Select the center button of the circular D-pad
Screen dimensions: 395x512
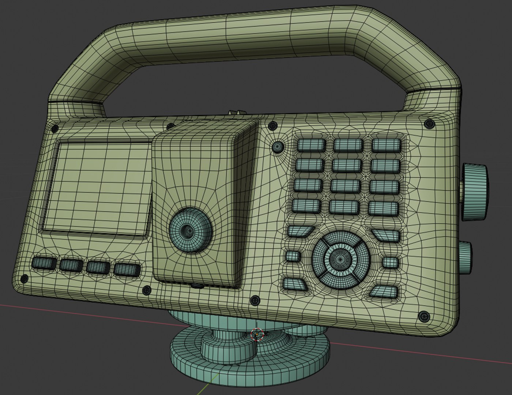tap(340, 259)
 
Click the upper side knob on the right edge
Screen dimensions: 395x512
tap(475, 192)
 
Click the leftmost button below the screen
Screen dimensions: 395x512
tap(44, 263)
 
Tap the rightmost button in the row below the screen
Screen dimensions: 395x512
tap(127, 270)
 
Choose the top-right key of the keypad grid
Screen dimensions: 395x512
tap(386, 146)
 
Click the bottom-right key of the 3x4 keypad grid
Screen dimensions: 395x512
tap(383, 208)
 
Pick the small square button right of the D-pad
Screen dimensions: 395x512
tap(391, 262)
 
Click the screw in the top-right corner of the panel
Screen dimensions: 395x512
tap(429, 124)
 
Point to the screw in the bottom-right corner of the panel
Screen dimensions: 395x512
tap(424, 316)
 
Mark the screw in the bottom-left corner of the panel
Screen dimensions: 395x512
tap(24, 279)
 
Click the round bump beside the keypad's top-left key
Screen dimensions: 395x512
tap(278, 147)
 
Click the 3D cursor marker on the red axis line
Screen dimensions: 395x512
tap(257, 334)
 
